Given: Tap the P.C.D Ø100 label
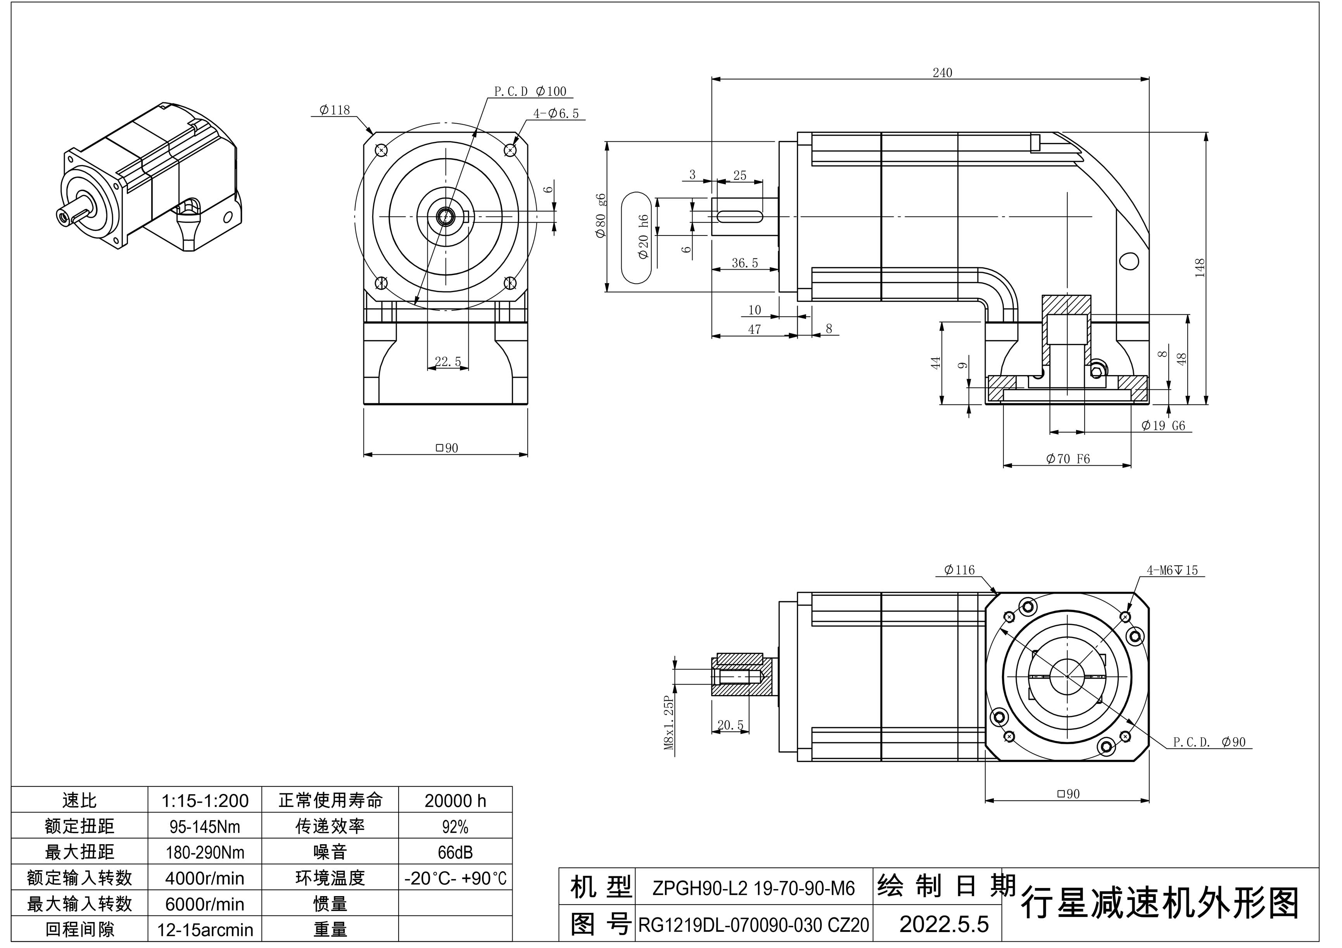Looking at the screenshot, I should tap(530, 91).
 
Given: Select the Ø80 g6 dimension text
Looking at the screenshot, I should tap(600, 216).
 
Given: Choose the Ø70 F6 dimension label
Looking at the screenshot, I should tap(1068, 459).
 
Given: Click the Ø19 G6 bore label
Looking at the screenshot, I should tap(1163, 425).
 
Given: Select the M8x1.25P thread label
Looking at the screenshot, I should tap(670, 723).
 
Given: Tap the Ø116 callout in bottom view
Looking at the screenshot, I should tap(959, 569).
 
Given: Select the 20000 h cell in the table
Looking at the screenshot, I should tap(455, 800).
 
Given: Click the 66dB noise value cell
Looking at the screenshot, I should tap(455, 852).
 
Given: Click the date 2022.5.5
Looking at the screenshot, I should tap(943, 924).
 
